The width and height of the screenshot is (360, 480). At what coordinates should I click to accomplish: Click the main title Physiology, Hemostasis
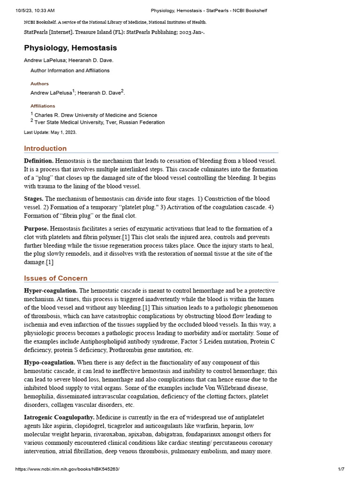tap(70, 48)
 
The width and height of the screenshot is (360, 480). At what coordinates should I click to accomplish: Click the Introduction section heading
tap(45, 149)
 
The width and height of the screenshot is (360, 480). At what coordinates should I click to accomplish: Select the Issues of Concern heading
tap(56, 278)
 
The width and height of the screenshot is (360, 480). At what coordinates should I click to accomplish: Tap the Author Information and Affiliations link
tap(70, 71)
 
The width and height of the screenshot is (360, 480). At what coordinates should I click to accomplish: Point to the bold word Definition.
tap(38, 161)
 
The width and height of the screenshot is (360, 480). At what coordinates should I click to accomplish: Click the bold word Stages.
tap(34, 199)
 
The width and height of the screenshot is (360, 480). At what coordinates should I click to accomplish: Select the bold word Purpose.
tap(36, 229)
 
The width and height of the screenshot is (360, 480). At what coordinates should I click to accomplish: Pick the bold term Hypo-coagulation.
tap(50, 363)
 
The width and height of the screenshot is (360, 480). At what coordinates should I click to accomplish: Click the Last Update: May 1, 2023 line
tap(50, 132)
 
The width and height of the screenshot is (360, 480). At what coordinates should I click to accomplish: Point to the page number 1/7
tap(341, 469)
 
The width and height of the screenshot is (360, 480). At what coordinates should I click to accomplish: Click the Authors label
tap(39, 84)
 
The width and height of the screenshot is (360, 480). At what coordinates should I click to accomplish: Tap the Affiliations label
tap(43, 106)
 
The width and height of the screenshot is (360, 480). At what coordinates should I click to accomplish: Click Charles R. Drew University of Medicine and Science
tap(96, 115)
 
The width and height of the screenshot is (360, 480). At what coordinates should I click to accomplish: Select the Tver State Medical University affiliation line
tap(99, 122)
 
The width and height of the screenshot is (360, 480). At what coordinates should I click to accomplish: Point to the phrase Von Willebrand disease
tap(237, 388)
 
